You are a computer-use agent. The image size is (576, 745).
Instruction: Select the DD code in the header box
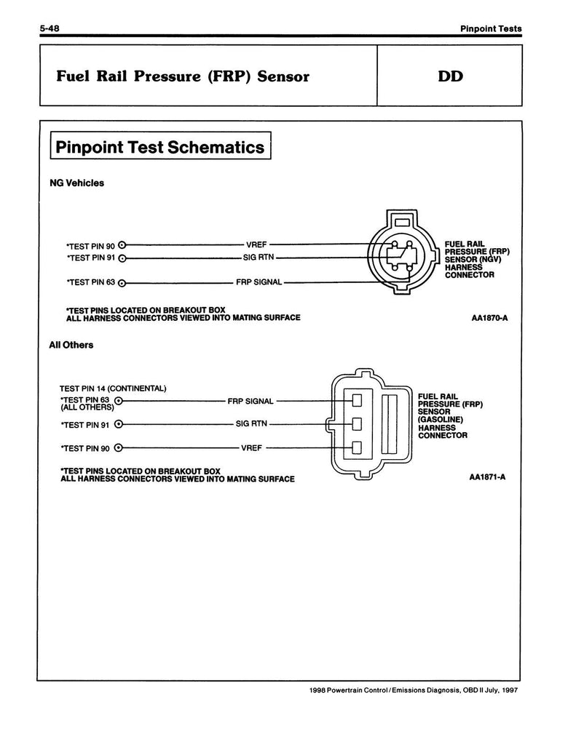(452, 76)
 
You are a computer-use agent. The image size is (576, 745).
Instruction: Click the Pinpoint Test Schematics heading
(160, 148)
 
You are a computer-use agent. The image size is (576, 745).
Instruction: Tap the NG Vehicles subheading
(76, 183)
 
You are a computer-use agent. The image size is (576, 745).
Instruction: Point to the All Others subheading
(71, 345)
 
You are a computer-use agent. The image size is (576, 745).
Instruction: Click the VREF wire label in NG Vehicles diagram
(257, 245)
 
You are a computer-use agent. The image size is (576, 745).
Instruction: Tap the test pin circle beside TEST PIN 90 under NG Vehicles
(122, 245)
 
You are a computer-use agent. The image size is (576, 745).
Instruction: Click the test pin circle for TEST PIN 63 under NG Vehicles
(122, 283)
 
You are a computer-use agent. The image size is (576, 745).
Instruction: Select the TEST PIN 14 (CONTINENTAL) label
(114, 388)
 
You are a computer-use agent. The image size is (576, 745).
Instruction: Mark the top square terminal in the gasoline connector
(357, 400)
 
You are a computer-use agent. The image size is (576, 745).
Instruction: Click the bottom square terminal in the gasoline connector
(357, 447)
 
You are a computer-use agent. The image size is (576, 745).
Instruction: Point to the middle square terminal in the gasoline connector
(357, 423)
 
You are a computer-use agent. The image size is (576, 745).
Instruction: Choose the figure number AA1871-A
(492, 478)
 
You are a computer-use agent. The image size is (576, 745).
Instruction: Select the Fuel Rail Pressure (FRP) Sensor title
(183, 76)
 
